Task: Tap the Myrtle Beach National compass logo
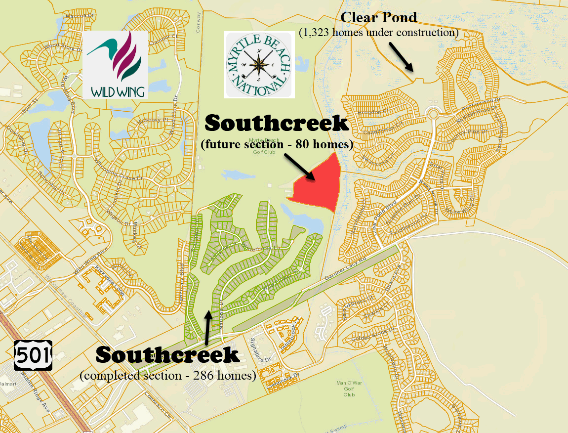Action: pyautogui.click(x=259, y=64)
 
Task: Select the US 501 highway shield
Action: pyautogui.click(x=33, y=354)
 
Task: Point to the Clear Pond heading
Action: pyautogui.click(x=379, y=18)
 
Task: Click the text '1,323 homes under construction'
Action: pyautogui.click(x=379, y=33)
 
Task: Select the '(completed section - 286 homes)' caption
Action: pyautogui.click(x=168, y=376)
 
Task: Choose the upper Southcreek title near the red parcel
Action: pyautogui.click(x=277, y=124)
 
